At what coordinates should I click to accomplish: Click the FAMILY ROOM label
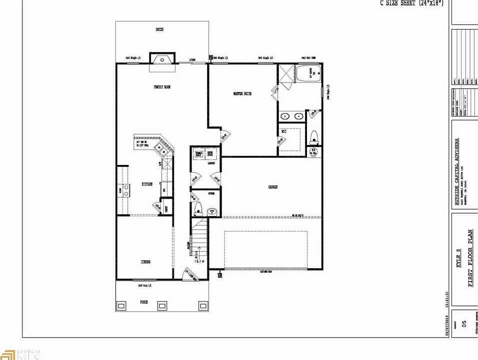point(162,87)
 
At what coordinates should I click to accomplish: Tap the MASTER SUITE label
point(242,93)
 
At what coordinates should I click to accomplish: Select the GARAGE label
point(272,187)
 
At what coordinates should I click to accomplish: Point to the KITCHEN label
point(146,184)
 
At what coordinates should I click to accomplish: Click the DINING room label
point(145,261)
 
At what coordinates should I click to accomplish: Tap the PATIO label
point(159,29)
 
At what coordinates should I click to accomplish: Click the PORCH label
point(144,302)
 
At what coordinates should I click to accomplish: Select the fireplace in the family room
point(162,59)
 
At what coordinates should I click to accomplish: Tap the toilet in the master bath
point(314,136)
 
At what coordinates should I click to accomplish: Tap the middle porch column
point(162,305)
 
